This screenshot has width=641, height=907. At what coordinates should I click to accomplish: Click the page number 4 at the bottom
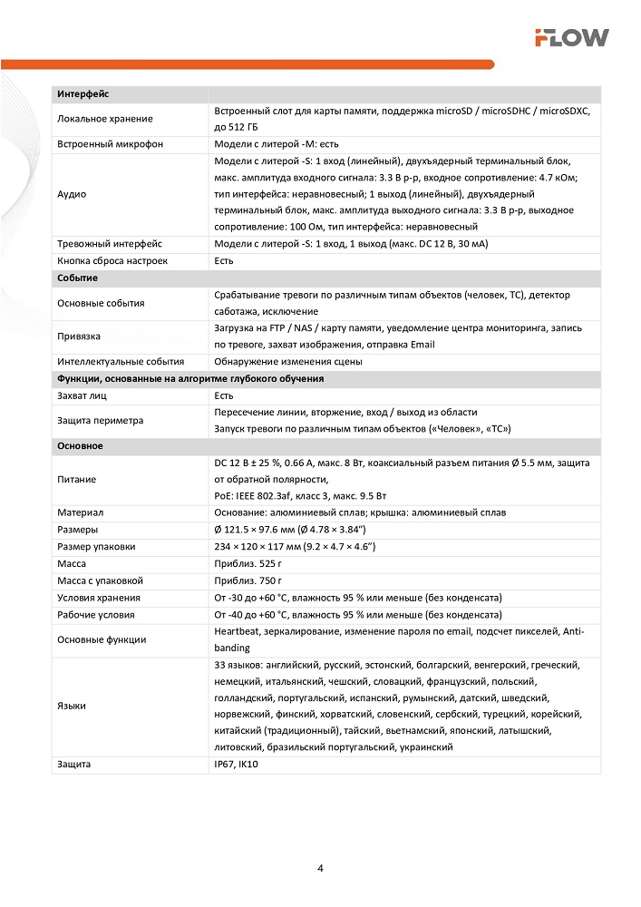pyautogui.click(x=321, y=868)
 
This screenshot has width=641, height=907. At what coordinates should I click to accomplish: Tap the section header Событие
pyautogui.click(x=77, y=278)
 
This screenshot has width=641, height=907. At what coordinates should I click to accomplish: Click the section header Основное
pyautogui.click(x=80, y=446)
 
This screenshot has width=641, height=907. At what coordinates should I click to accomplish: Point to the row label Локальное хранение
pyautogui.click(x=105, y=119)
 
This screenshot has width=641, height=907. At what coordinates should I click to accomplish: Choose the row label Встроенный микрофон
pyautogui.click(x=110, y=144)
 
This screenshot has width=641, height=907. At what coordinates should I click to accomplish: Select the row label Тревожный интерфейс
pyautogui.click(x=110, y=244)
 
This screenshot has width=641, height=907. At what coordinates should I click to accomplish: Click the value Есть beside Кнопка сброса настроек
pyautogui.click(x=224, y=261)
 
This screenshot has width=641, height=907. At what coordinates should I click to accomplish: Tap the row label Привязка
pyautogui.click(x=79, y=336)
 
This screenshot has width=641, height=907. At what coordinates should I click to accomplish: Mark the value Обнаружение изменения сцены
pyautogui.click(x=287, y=361)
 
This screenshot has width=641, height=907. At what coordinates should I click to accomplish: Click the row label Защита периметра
pyautogui.click(x=100, y=420)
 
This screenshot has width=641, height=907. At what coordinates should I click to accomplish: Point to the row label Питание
pyautogui.click(x=76, y=479)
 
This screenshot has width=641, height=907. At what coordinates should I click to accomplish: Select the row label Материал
pyautogui.click(x=80, y=512)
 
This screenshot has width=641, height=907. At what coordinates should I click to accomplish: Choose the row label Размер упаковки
pyautogui.click(x=96, y=546)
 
